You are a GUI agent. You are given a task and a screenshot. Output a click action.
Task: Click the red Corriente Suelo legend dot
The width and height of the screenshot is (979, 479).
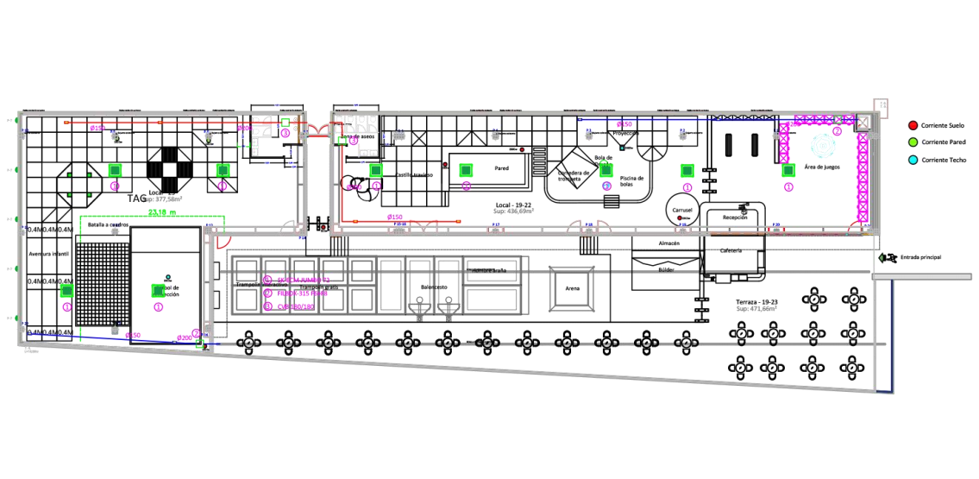tap(913, 126)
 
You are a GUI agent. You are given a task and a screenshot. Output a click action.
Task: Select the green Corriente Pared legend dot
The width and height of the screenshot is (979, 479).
tap(913, 142)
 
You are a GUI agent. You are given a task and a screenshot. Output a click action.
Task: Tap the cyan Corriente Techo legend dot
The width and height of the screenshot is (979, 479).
tap(913, 160)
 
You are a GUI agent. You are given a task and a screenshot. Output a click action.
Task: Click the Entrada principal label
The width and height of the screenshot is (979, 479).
tap(919, 257)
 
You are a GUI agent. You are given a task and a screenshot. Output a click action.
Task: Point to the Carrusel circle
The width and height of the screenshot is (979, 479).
tap(681, 210)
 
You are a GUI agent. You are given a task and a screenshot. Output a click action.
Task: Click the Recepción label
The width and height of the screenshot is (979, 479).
tap(734, 218)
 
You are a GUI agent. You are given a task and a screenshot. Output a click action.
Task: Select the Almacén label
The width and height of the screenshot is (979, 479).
tap(669, 244)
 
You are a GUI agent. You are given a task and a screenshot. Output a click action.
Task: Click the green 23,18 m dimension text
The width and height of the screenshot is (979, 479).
tap(162, 211)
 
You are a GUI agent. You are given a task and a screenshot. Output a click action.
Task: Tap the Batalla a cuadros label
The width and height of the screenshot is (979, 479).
tap(108, 224)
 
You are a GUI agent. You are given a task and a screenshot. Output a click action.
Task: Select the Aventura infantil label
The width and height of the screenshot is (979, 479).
tap(47, 255)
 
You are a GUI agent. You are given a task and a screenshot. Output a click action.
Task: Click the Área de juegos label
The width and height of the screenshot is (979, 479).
tap(822, 167)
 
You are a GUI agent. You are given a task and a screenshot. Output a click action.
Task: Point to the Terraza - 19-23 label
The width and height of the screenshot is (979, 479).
tap(756, 302)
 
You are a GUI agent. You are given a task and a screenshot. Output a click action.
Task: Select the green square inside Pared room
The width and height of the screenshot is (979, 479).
tap(467, 169)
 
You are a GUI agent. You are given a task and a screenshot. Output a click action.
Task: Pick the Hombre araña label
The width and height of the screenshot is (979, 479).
tap(488, 270)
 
